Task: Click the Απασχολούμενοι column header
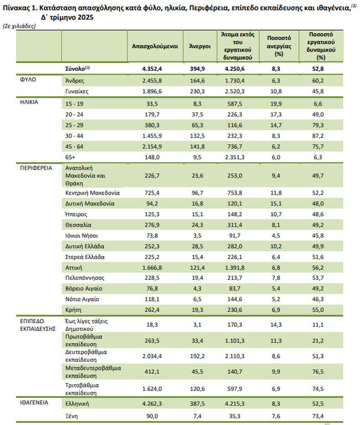coord(155,46)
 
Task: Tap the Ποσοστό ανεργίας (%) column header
coord(277,46)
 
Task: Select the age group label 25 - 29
coord(74,124)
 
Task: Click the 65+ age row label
coord(71,158)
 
